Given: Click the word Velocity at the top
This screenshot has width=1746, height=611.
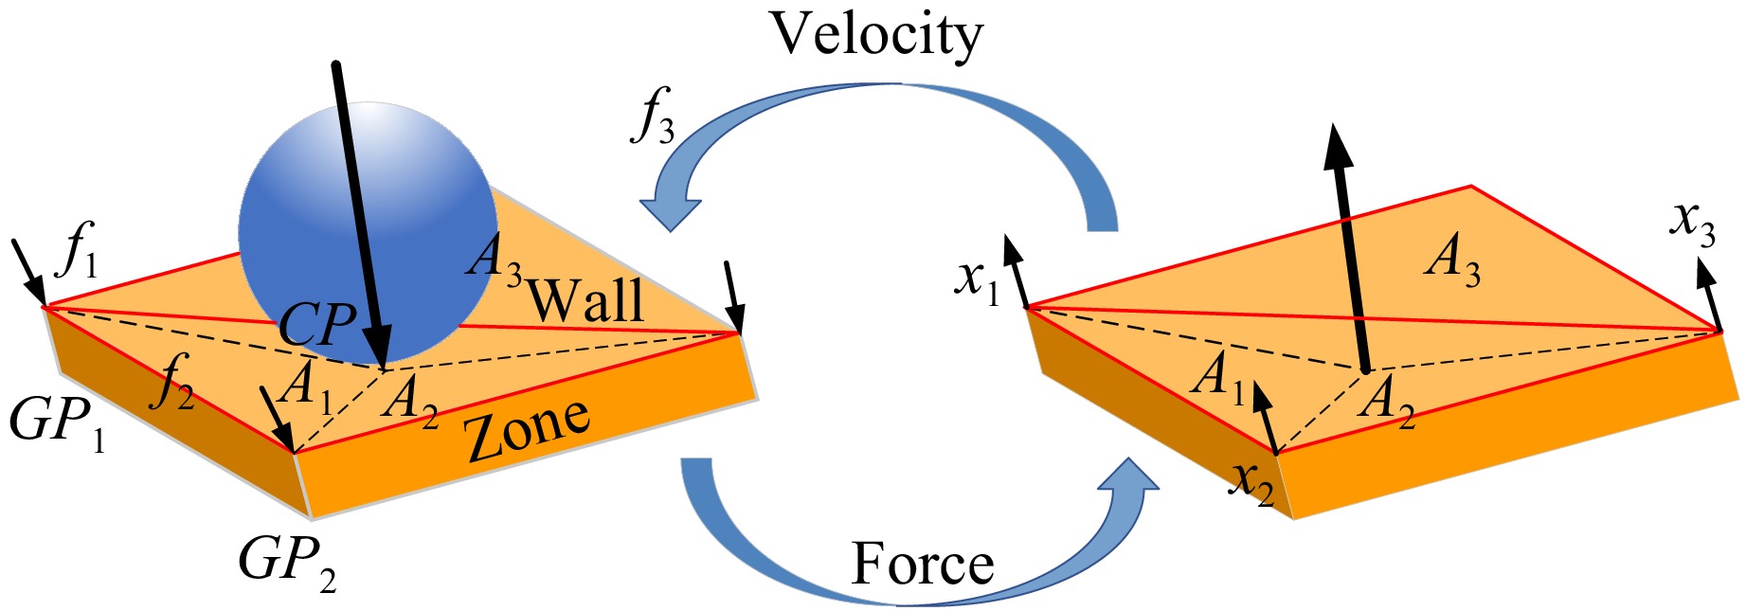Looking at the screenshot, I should [x=877, y=36].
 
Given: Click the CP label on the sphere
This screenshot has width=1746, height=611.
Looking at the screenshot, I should [x=317, y=325].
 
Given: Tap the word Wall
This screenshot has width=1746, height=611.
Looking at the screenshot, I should [x=585, y=301].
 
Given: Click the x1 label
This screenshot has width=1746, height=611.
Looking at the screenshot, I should [x=977, y=279].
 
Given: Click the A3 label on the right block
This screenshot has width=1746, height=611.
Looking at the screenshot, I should [x=1452, y=259].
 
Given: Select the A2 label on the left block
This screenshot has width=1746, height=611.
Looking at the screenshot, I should [x=410, y=399].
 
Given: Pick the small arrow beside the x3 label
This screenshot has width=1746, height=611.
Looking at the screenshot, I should [x=1711, y=293].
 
